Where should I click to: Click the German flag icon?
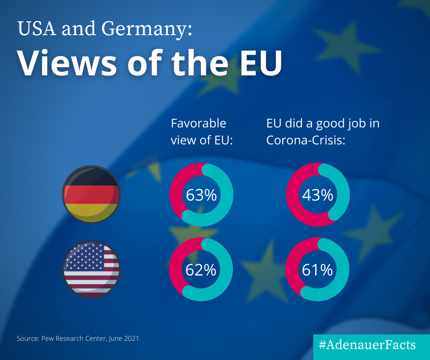(91, 194)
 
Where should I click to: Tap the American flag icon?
(91, 270)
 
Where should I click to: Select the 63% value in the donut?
(201, 195)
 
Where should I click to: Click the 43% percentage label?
(317, 195)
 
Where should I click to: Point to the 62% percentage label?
(201, 270)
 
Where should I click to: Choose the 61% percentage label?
(317, 270)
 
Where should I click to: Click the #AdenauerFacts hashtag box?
(371, 344)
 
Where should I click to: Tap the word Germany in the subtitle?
(144, 30)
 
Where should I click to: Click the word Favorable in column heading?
(198, 123)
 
